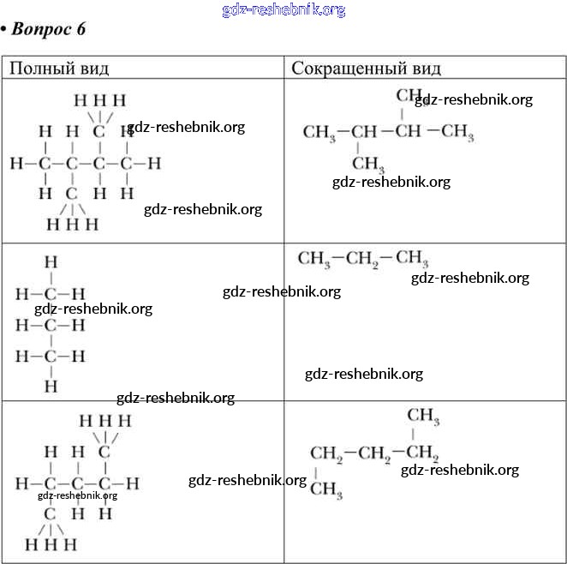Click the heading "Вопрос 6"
click(49, 29)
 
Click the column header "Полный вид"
click(59, 68)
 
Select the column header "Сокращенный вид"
click(366, 68)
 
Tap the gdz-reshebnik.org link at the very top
click(283, 9)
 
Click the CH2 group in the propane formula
click(363, 258)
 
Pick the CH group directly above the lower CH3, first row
click(364, 132)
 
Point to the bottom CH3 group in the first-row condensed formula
click(368, 163)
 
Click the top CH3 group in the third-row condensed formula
click(423, 417)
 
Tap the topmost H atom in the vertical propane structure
click(51, 262)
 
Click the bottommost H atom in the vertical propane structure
click(51, 387)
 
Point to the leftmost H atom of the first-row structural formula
click(15, 162)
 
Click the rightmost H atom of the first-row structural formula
click(155, 162)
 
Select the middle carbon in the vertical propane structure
click(51, 325)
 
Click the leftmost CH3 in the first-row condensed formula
click(319, 132)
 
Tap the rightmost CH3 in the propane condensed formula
click(412, 258)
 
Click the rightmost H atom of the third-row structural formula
click(133, 483)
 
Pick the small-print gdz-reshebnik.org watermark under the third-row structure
click(78, 495)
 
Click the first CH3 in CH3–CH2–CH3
click(314, 258)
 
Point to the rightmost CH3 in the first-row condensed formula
click(458, 132)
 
